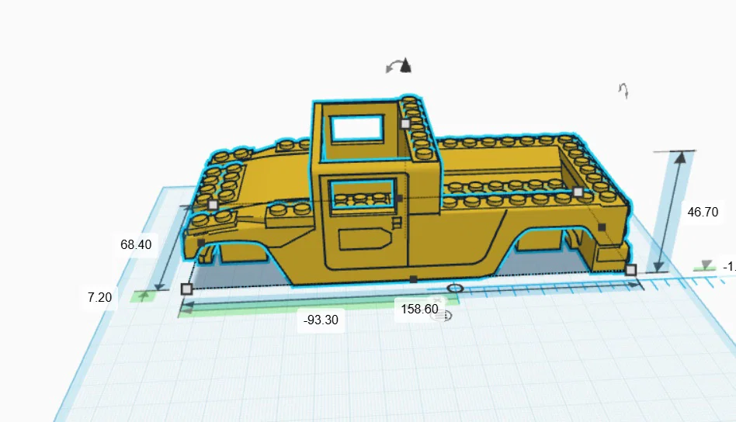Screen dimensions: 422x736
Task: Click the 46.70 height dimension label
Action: (703, 211)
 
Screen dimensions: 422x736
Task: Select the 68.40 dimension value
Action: (135, 244)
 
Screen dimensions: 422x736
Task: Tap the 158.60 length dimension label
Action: (419, 310)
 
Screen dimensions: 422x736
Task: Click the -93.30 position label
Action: (321, 320)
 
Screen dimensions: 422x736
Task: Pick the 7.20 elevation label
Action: (100, 296)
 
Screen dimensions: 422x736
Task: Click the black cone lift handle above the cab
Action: (405, 67)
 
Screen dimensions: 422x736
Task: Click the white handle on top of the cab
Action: (405, 123)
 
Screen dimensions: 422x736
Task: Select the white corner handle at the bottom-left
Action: (186, 289)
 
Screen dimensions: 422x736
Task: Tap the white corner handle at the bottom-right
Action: (631, 270)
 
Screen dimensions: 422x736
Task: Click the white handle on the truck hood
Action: (213, 205)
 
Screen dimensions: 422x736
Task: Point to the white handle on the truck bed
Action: (578, 192)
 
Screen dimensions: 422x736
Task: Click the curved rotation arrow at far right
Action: (623, 91)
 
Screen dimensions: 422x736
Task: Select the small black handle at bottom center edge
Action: (414, 278)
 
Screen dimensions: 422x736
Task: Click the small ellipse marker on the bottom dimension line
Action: (456, 289)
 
